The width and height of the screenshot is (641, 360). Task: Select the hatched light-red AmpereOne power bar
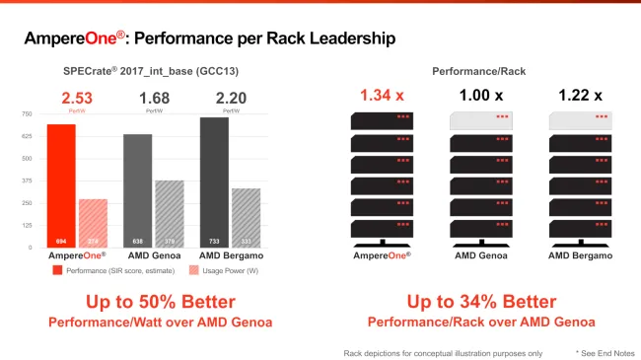click(92, 223)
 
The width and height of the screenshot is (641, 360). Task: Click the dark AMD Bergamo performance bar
click(214, 182)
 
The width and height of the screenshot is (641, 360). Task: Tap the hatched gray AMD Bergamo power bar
click(245, 217)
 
